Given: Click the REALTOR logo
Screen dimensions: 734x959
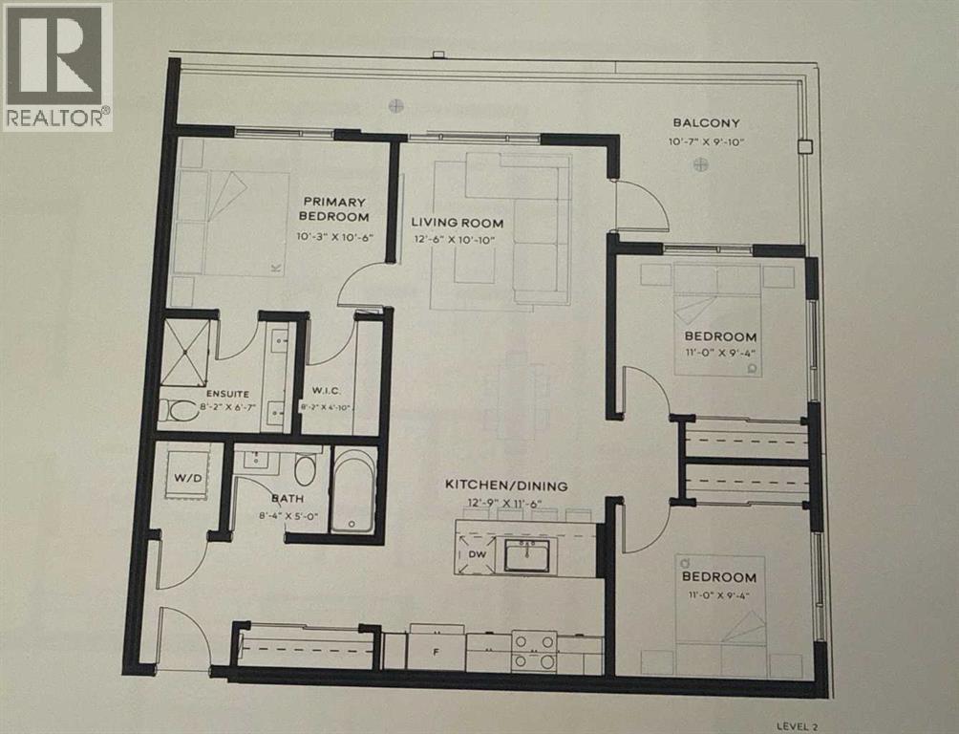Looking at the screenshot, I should (57, 66).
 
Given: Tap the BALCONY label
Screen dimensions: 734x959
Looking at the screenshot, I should (706, 122).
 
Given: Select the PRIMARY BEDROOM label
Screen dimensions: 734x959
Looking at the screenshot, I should (334, 208).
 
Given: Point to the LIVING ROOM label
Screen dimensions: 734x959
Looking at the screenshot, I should (458, 223).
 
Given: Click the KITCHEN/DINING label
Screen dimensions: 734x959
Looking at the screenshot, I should (506, 486).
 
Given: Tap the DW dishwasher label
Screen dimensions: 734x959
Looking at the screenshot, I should (476, 553).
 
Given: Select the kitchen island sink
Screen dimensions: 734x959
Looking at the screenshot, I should (526, 554).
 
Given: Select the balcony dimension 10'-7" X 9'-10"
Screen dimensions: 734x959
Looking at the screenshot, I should (707, 141).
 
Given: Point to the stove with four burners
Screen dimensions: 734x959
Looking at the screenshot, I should (535, 651).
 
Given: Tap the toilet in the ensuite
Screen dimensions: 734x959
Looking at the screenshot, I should (179, 410).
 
